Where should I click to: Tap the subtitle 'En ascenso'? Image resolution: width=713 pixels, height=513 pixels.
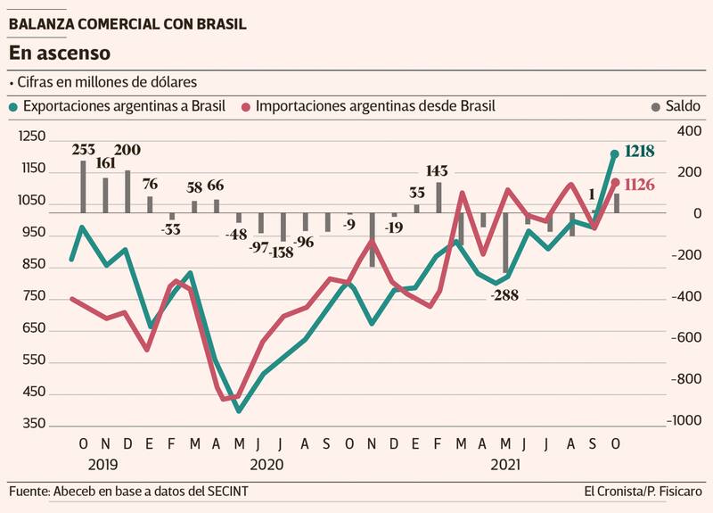[x=60, y=54]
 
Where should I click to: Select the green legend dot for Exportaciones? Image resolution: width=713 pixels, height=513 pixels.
[x=12, y=106]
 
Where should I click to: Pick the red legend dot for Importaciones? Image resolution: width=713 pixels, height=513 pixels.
[x=246, y=106]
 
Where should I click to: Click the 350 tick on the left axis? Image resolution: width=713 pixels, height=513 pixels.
[x=32, y=424]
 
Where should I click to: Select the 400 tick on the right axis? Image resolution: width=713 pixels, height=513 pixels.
[x=689, y=131]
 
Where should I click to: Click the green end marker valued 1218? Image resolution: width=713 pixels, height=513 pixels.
[x=614, y=153]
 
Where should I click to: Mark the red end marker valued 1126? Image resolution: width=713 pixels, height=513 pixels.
[x=614, y=184]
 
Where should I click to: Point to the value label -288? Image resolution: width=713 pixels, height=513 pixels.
[x=507, y=295]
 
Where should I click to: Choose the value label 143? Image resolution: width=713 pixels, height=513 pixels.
[x=437, y=170]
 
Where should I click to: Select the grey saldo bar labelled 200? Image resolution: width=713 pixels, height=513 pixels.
[x=127, y=192]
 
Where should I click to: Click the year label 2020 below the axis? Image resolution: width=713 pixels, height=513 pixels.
[x=266, y=465]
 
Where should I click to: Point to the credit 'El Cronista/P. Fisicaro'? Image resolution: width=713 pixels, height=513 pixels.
[x=643, y=492]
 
